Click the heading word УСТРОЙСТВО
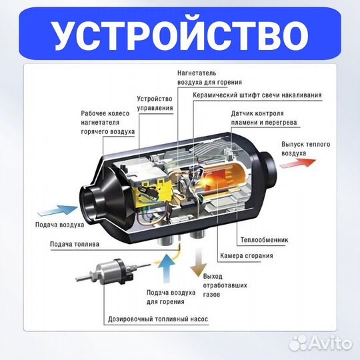point(180,33)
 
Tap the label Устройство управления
point(154,103)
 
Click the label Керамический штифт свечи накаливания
point(257,95)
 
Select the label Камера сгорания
point(245,255)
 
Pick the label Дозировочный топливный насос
point(157,319)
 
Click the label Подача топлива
point(75,244)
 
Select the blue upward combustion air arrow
point(167,270)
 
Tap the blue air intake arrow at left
point(50,210)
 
